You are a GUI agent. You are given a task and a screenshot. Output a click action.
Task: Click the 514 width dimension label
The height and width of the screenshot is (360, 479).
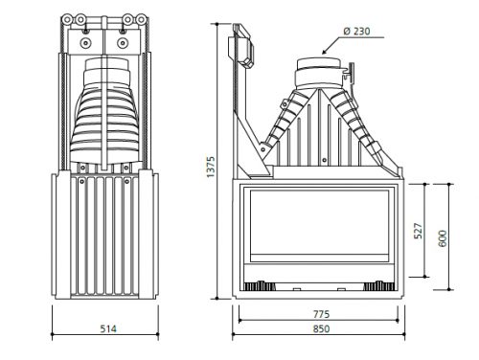tap(108, 328)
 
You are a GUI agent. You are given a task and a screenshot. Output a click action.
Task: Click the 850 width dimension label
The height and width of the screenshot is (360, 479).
tap(321, 328)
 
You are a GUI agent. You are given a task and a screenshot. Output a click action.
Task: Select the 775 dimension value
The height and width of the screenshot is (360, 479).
tap(321, 314)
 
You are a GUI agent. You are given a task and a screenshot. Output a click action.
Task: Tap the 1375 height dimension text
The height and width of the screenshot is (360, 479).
tap(211, 167)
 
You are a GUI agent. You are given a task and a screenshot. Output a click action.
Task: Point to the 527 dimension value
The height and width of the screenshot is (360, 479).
tap(418, 231)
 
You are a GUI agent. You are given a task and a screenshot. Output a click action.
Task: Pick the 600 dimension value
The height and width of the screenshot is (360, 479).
tap(443, 238)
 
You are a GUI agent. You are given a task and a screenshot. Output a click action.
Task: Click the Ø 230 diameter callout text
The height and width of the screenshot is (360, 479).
tap(356, 32)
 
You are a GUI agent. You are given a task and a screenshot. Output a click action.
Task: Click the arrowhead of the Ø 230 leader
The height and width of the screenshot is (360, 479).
tap(324, 53)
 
